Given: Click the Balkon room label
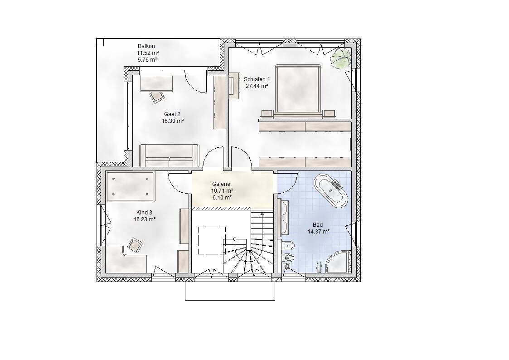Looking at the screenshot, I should [x=146, y=46].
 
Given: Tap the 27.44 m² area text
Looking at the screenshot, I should [x=257, y=85].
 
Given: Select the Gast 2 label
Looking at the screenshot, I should [x=172, y=114].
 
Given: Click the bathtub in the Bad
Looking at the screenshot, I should [x=331, y=190].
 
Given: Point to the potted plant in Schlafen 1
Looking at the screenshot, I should [x=340, y=59].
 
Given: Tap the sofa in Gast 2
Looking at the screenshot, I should [x=169, y=155].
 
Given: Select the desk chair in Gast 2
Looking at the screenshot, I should [x=157, y=96].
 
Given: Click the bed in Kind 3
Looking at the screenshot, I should [x=130, y=186].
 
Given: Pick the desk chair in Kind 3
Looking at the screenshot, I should [x=135, y=245].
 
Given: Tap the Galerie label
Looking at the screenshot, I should [x=221, y=184].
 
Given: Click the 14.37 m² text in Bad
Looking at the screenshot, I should [x=318, y=231].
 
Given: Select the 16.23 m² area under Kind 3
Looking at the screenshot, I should [x=145, y=219].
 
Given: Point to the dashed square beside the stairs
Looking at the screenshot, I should [x=212, y=240].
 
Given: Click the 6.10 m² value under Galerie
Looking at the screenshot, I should [x=222, y=198].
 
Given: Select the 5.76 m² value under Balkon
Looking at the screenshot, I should [x=147, y=59].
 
